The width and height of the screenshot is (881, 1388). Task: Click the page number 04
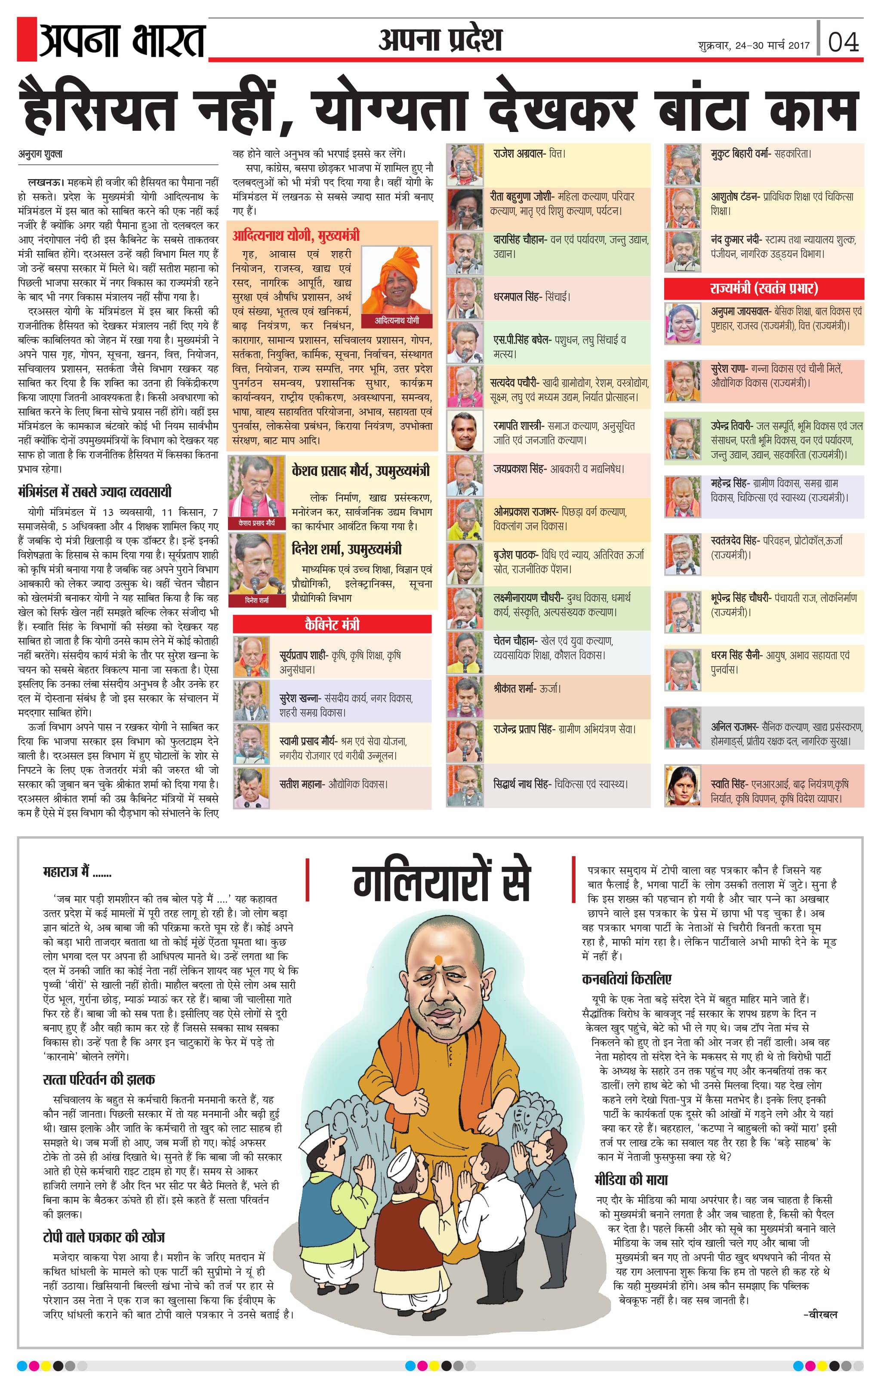click(843, 42)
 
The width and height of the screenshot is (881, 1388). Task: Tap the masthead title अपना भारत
click(122, 41)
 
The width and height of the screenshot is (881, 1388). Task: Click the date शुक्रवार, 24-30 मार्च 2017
click(753, 46)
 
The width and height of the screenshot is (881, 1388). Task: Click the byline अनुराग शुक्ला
click(40, 154)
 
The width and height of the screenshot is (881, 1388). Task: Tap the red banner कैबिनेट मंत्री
click(332, 623)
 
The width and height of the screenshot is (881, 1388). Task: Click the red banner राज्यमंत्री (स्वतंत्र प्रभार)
click(764, 288)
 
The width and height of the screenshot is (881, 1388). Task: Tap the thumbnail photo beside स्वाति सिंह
click(682, 785)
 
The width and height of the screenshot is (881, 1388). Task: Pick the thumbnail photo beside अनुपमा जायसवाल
click(682, 323)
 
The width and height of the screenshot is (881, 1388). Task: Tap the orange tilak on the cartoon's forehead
click(437, 960)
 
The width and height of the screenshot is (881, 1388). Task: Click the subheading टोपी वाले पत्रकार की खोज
click(104, 1237)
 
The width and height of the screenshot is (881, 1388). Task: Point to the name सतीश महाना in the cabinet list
click(302, 784)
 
